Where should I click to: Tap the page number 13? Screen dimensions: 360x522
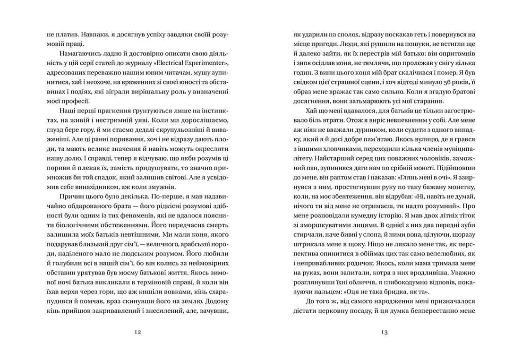pyautogui.click(x=384, y=333)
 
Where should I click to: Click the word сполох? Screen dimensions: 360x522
pyautogui.click(x=347, y=34)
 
